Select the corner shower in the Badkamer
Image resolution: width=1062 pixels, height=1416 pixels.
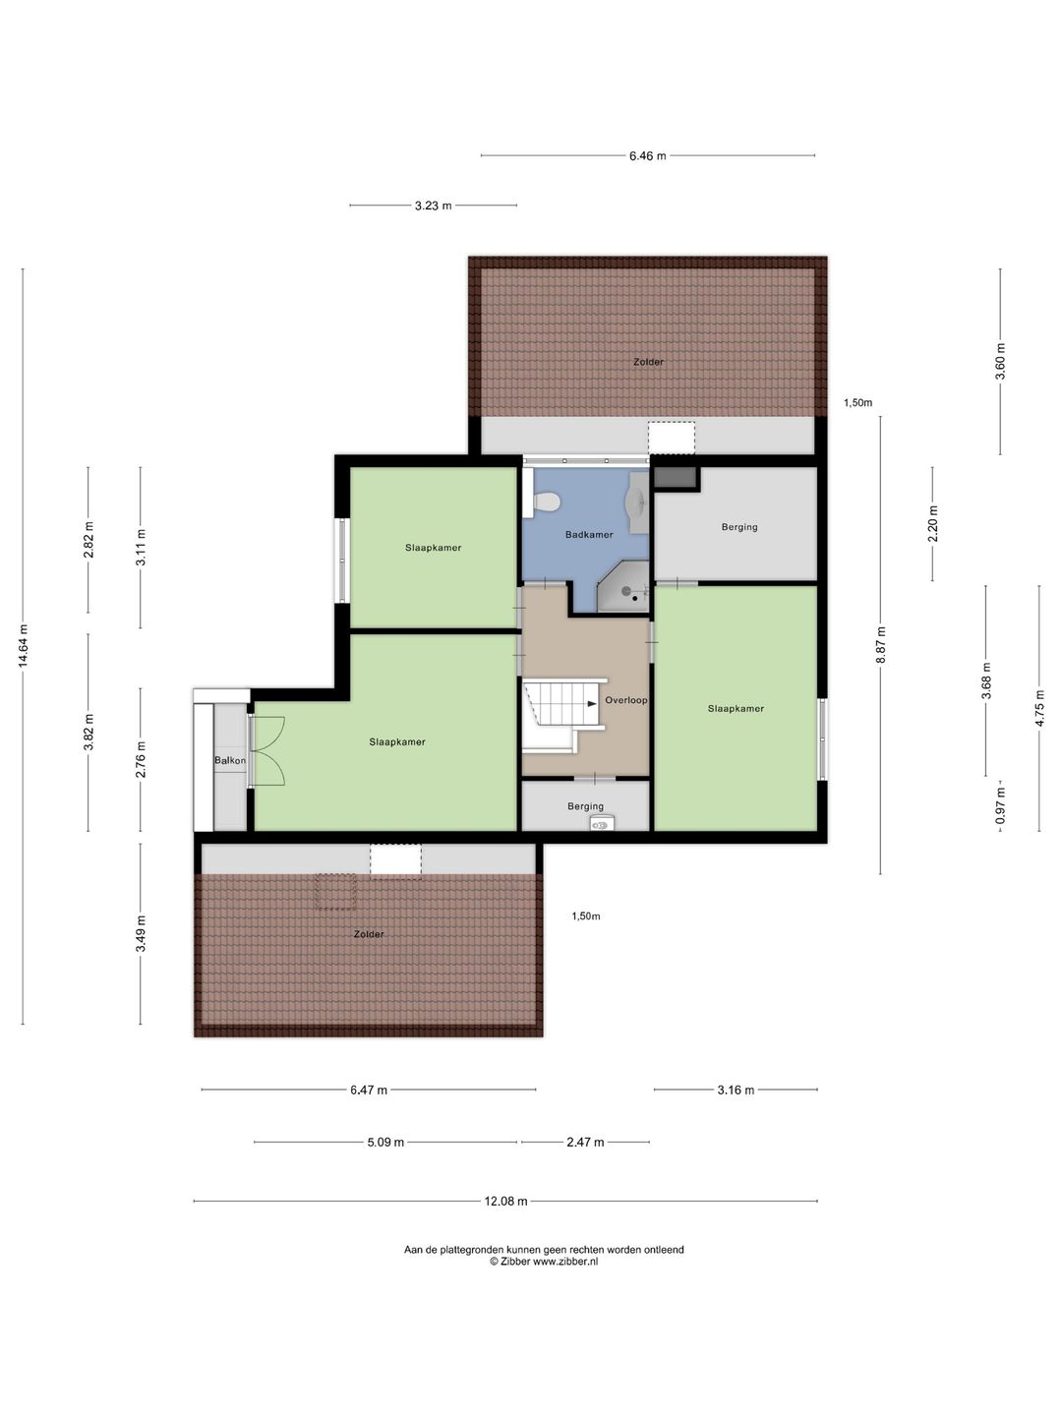(x=622, y=586)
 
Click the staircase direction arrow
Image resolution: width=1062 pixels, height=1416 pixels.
(x=592, y=704)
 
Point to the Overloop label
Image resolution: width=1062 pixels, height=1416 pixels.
(x=625, y=700)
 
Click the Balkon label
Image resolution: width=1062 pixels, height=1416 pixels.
(x=229, y=760)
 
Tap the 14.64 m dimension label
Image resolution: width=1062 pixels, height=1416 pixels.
(x=24, y=645)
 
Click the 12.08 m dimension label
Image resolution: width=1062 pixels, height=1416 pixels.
(x=505, y=1202)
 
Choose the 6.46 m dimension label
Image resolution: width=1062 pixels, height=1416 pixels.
(x=647, y=155)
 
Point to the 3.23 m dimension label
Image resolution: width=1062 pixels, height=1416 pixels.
(x=434, y=206)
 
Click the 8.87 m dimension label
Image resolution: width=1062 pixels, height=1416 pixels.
(x=881, y=645)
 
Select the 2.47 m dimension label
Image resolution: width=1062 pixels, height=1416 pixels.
(x=585, y=1143)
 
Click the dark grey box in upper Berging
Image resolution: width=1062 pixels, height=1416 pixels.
(x=676, y=477)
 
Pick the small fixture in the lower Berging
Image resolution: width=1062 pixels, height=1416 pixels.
(x=602, y=822)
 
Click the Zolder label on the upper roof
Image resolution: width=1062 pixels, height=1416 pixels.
(x=648, y=362)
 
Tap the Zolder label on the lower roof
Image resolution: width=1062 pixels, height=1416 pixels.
(x=369, y=934)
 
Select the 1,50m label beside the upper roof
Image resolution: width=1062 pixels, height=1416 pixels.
(x=857, y=403)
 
